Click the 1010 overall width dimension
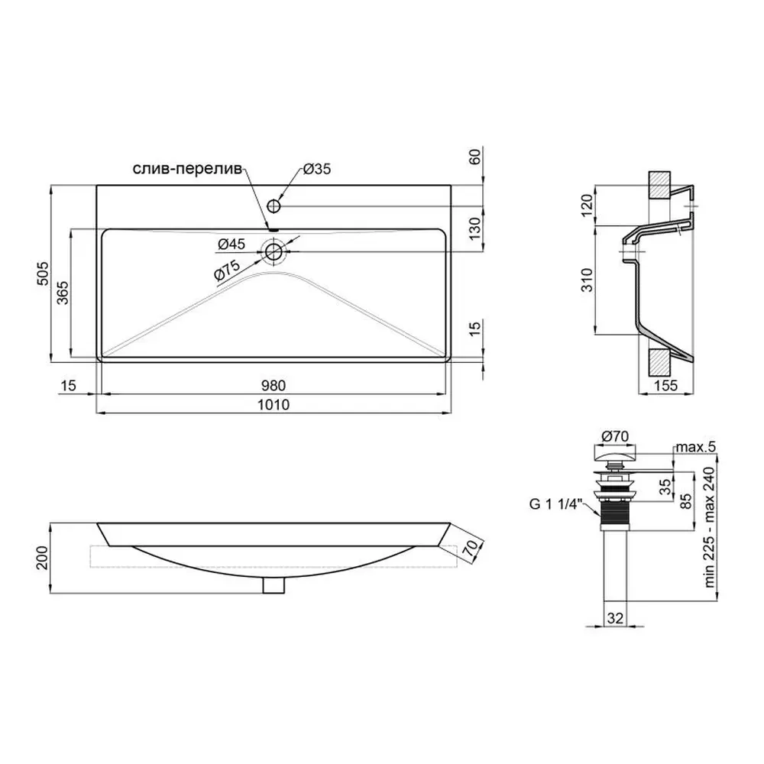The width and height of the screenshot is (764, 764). [x=274, y=404]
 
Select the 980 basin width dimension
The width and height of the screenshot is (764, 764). [x=274, y=385]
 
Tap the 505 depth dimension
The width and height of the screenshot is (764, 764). [x=44, y=274]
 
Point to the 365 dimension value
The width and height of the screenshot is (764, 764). [x=63, y=293]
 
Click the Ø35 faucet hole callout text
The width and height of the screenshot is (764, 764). [x=317, y=169]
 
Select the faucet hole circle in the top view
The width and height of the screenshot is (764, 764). [x=274, y=206]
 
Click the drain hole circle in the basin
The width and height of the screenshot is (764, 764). [x=274, y=252]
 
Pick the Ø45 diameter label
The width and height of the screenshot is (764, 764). [x=231, y=244]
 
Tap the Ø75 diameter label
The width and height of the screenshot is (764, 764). [x=227, y=271]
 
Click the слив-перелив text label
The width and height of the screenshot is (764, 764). [x=188, y=169]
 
